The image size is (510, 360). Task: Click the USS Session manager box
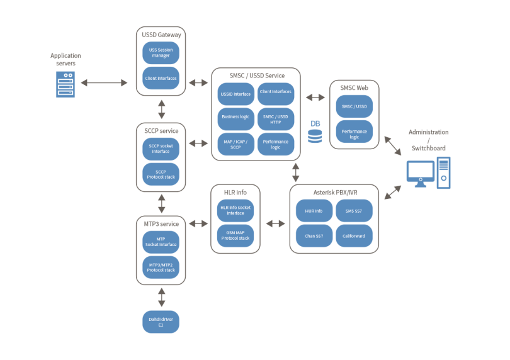161,52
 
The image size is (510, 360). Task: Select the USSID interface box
235,94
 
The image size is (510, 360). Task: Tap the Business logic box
235,118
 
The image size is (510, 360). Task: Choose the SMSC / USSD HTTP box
276,118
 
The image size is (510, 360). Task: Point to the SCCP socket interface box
161,149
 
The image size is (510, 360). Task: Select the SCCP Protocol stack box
161,174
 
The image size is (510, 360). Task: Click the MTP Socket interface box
161,242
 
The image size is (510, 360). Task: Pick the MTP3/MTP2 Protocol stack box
161,267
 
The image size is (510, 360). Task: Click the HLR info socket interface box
235,210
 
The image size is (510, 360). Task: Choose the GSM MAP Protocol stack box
235,235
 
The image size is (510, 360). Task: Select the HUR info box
314,211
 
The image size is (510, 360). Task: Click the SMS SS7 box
354,211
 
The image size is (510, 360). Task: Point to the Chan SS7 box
314,236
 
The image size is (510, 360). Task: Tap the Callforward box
354,236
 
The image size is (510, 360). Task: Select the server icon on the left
65,84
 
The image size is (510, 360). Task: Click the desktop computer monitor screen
420,171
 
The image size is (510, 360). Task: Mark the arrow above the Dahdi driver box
161,293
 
